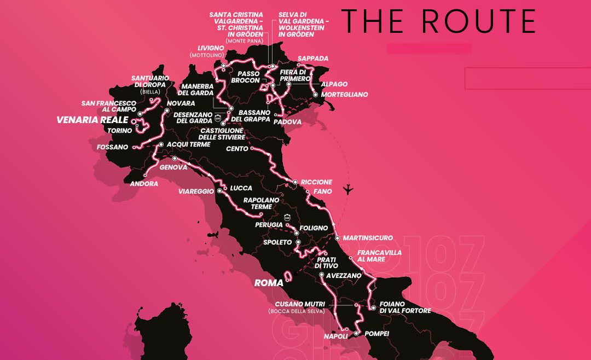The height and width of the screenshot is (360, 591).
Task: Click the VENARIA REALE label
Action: coord(92,120)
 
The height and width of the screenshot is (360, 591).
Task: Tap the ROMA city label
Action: coord(269,283)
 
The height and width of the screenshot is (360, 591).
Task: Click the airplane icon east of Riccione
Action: coord(347,190)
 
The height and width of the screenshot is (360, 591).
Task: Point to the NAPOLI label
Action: coord(336,336)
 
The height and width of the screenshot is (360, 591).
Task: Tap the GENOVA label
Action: coord(173,167)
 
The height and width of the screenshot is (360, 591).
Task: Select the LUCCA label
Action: coord(241,188)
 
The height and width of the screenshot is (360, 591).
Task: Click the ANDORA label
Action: coord(144,184)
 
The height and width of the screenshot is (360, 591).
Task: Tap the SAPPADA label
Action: coord(312,59)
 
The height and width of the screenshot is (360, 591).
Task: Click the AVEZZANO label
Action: coord(344,276)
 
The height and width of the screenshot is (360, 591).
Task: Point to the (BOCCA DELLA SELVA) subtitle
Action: coord(297,311)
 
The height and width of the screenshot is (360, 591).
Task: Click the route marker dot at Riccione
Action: coord(295,182)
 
